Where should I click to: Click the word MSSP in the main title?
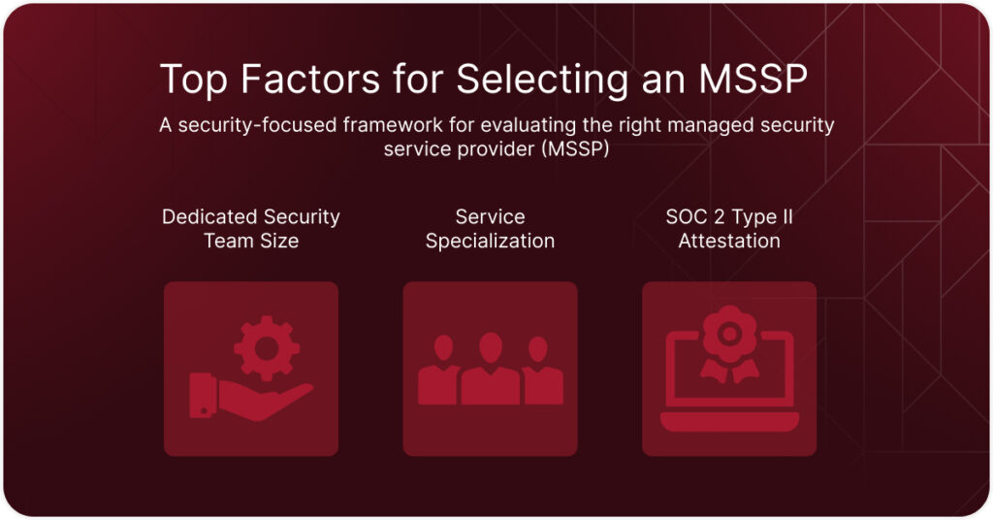(x=753, y=79)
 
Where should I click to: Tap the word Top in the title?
(x=194, y=81)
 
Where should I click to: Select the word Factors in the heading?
(x=310, y=79)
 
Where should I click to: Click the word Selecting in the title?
(x=542, y=81)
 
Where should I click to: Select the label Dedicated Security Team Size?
(x=251, y=229)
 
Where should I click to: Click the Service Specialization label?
(x=490, y=229)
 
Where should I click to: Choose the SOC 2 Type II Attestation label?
(x=729, y=229)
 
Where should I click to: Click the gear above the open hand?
(x=267, y=347)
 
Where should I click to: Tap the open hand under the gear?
(x=251, y=397)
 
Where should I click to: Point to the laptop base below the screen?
(x=729, y=422)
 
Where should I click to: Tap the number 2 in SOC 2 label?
(x=719, y=217)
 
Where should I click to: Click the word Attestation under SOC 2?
(x=729, y=241)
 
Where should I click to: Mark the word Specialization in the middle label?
(x=490, y=242)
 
